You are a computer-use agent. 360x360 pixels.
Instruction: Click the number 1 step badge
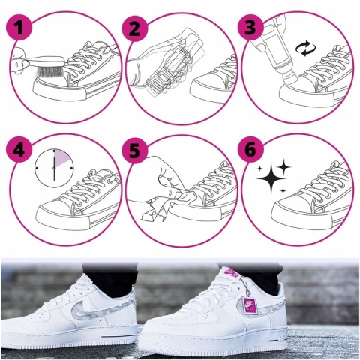pos(19,27)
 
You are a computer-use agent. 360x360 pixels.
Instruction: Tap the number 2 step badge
pos(135,29)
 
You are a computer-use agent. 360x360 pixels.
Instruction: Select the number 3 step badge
pos(250,27)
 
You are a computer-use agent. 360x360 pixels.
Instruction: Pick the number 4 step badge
pos(19,150)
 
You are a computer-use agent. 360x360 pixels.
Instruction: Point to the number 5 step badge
pos(135,151)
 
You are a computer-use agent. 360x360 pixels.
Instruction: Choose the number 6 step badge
pos(250,150)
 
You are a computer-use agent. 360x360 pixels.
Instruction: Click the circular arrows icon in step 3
pos(306,49)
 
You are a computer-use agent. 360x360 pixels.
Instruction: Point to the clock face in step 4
pos(54,168)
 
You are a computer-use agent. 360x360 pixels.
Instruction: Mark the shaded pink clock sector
pos(62,158)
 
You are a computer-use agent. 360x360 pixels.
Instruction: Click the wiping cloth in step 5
pos(167,204)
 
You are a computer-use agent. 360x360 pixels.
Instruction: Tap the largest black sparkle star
pos(271,178)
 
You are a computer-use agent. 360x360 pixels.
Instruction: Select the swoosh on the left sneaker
pos(100,309)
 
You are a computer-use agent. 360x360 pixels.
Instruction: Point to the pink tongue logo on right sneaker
pos(230,272)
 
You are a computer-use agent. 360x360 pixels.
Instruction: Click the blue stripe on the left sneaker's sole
pos(118,336)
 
